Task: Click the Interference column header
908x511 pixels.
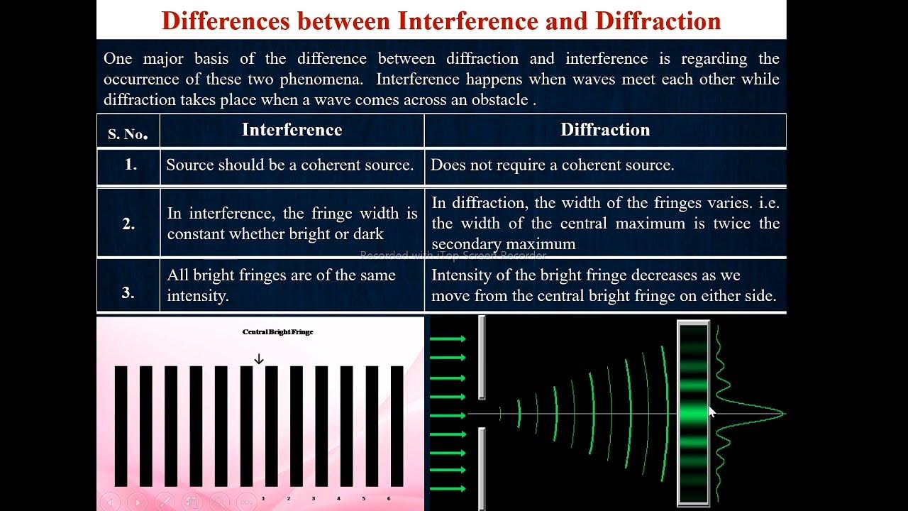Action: [x=292, y=130]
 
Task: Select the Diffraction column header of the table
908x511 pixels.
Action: [x=604, y=130]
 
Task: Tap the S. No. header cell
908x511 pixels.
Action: [x=128, y=133]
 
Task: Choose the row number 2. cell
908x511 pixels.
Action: [x=128, y=224]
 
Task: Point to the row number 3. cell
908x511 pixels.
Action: [x=128, y=292]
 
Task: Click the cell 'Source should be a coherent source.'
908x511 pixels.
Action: [x=289, y=165]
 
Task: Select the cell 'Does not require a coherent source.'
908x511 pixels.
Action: [x=552, y=165]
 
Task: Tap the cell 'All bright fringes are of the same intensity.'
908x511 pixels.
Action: [x=281, y=285]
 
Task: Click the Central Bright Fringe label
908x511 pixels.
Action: [x=277, y=332]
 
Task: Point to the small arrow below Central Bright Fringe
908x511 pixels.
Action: [x=259, y=359]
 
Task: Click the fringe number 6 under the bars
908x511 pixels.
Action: [x=389, y=499]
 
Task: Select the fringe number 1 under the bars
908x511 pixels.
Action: [x=263, y=499]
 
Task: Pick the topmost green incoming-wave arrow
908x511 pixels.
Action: [x=448, y=339]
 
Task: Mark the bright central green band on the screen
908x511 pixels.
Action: [x=693, y=414]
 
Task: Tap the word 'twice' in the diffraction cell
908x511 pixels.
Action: [x=732, y=224]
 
